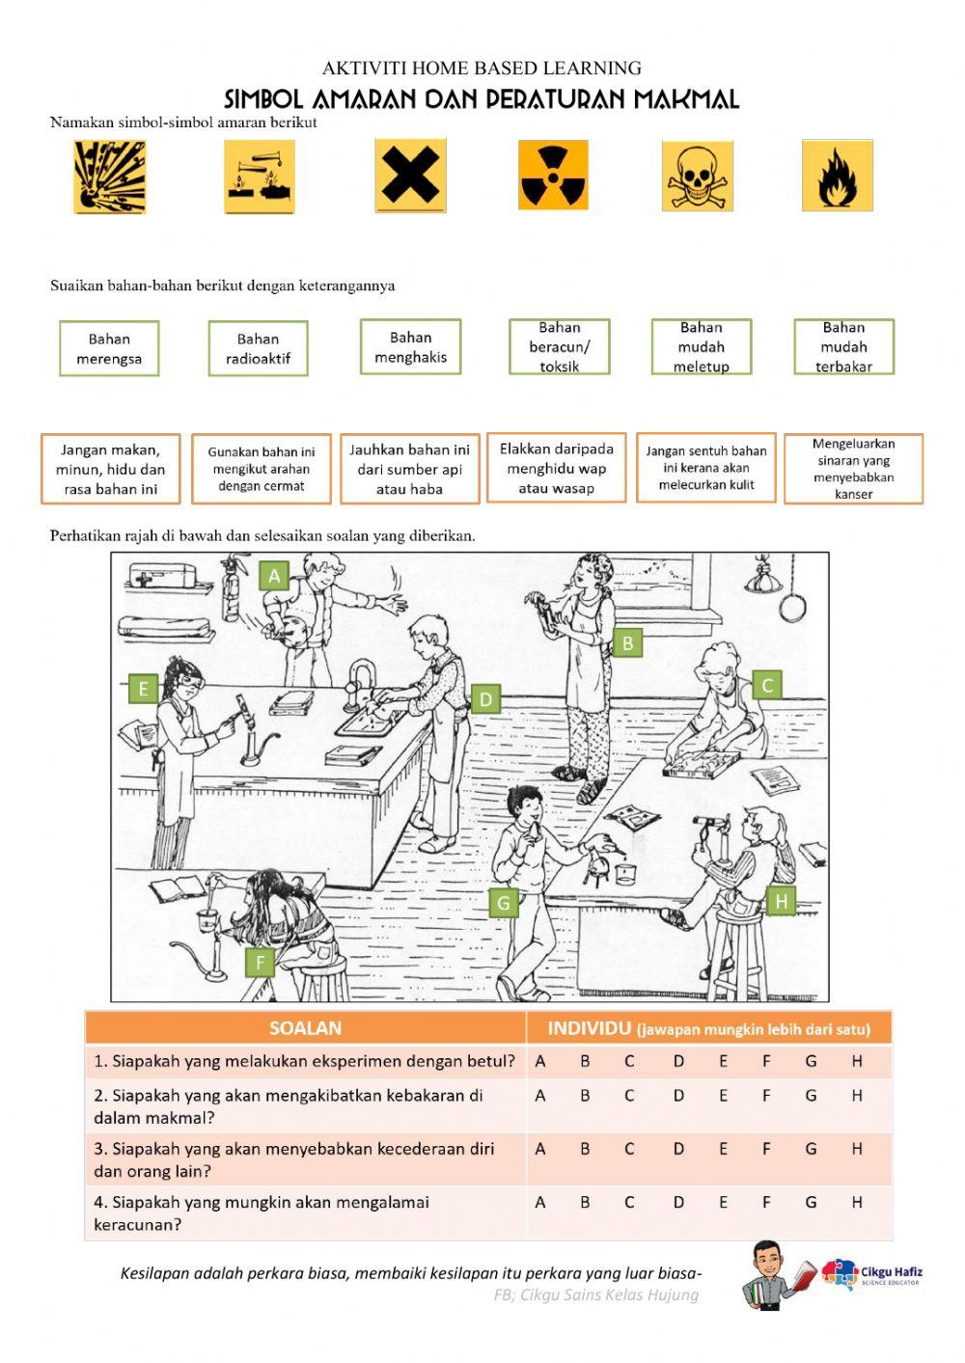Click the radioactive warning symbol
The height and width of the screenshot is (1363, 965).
[x=553, y=176]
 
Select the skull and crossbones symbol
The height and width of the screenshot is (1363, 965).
[x=697, y=176]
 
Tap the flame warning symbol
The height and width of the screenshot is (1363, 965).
[x=838, y=176]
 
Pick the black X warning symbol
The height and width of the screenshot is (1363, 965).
[x=410, y=176]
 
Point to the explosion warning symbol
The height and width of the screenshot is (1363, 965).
[x=110, y=177]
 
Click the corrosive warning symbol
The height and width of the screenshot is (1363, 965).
[x=260, y=177]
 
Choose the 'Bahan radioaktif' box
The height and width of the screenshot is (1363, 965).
[x=259, y=348]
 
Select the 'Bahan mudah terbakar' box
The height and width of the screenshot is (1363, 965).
[x=843, y=347]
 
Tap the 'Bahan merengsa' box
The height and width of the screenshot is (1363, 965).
[x=109, y=348]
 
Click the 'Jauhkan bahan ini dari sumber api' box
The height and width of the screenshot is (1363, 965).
[x=410, y=469]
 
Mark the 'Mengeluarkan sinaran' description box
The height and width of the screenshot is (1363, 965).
[x=854, y=469]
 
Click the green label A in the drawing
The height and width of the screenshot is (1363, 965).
[x=274, y=575]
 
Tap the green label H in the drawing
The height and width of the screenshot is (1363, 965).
[x=781, y=900]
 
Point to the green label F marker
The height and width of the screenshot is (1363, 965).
[x=260, y=962]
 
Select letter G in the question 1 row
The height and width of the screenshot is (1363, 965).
[x=811, y=1061]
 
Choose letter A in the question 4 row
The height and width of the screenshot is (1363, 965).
[x=540, y=1202]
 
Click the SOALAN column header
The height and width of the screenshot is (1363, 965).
[x=305, y=1028]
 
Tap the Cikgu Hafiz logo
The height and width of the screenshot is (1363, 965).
[x=871, y=1273]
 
